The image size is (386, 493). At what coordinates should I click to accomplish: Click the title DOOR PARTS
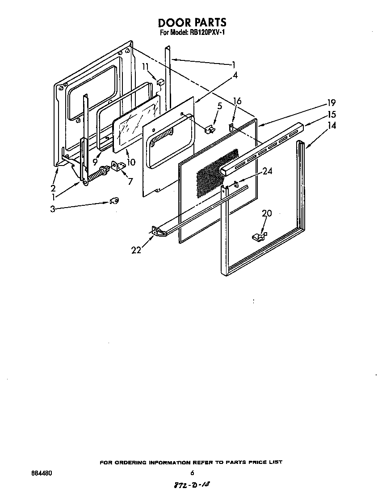point(193,22)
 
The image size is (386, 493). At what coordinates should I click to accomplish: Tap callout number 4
point(235,75)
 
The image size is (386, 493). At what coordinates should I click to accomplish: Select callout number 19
point(331,102)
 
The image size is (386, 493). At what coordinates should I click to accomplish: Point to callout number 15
point(331,115)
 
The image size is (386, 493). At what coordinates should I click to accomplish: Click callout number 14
point(331,126)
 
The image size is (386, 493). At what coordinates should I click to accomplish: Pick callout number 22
point(136,250)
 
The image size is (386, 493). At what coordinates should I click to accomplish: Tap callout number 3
point(53,209)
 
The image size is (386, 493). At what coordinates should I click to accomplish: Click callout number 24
point(267,171)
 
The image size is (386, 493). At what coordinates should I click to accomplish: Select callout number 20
point(267,214)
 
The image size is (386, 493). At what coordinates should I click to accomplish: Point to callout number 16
point(237,101)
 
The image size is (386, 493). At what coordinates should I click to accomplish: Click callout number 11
point(145,67)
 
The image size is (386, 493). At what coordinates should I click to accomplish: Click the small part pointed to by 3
point(114,201)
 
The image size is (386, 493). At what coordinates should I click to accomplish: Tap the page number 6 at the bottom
point(192,473)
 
